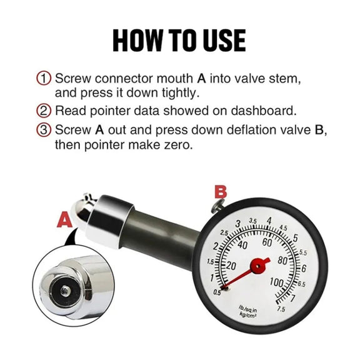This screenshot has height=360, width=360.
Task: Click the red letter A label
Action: pyautogui.click(x=64, y=220)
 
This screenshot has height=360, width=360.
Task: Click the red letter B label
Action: pyautogui.click(x=221, y=192)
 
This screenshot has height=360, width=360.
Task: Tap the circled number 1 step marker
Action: pyautogui.click(x=43, y=78)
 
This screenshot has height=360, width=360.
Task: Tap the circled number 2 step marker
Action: pyautogui.click(x=43, y=111)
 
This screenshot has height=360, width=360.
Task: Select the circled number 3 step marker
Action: pyautogui.click(x=43, y=130)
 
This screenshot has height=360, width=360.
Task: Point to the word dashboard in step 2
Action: pyautogui.click(x=263, y=111)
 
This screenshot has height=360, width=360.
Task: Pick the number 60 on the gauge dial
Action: pyautogui.click(x=267, y=242)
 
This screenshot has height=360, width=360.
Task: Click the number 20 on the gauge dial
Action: pyautogui.click(x=231, y=266)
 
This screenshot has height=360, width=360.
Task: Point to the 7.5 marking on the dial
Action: pyautogui.click(x=281, y=309)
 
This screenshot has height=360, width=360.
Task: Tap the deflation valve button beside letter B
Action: pyautogui.click(x=218, y=205)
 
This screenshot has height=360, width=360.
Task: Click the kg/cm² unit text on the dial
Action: pyautogui.click(x=247, y=315)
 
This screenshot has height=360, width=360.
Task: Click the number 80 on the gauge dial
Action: pyautogui.click(x=282, y=261)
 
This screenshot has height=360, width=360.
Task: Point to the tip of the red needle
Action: pyautogui.click(x=222, y=288)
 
